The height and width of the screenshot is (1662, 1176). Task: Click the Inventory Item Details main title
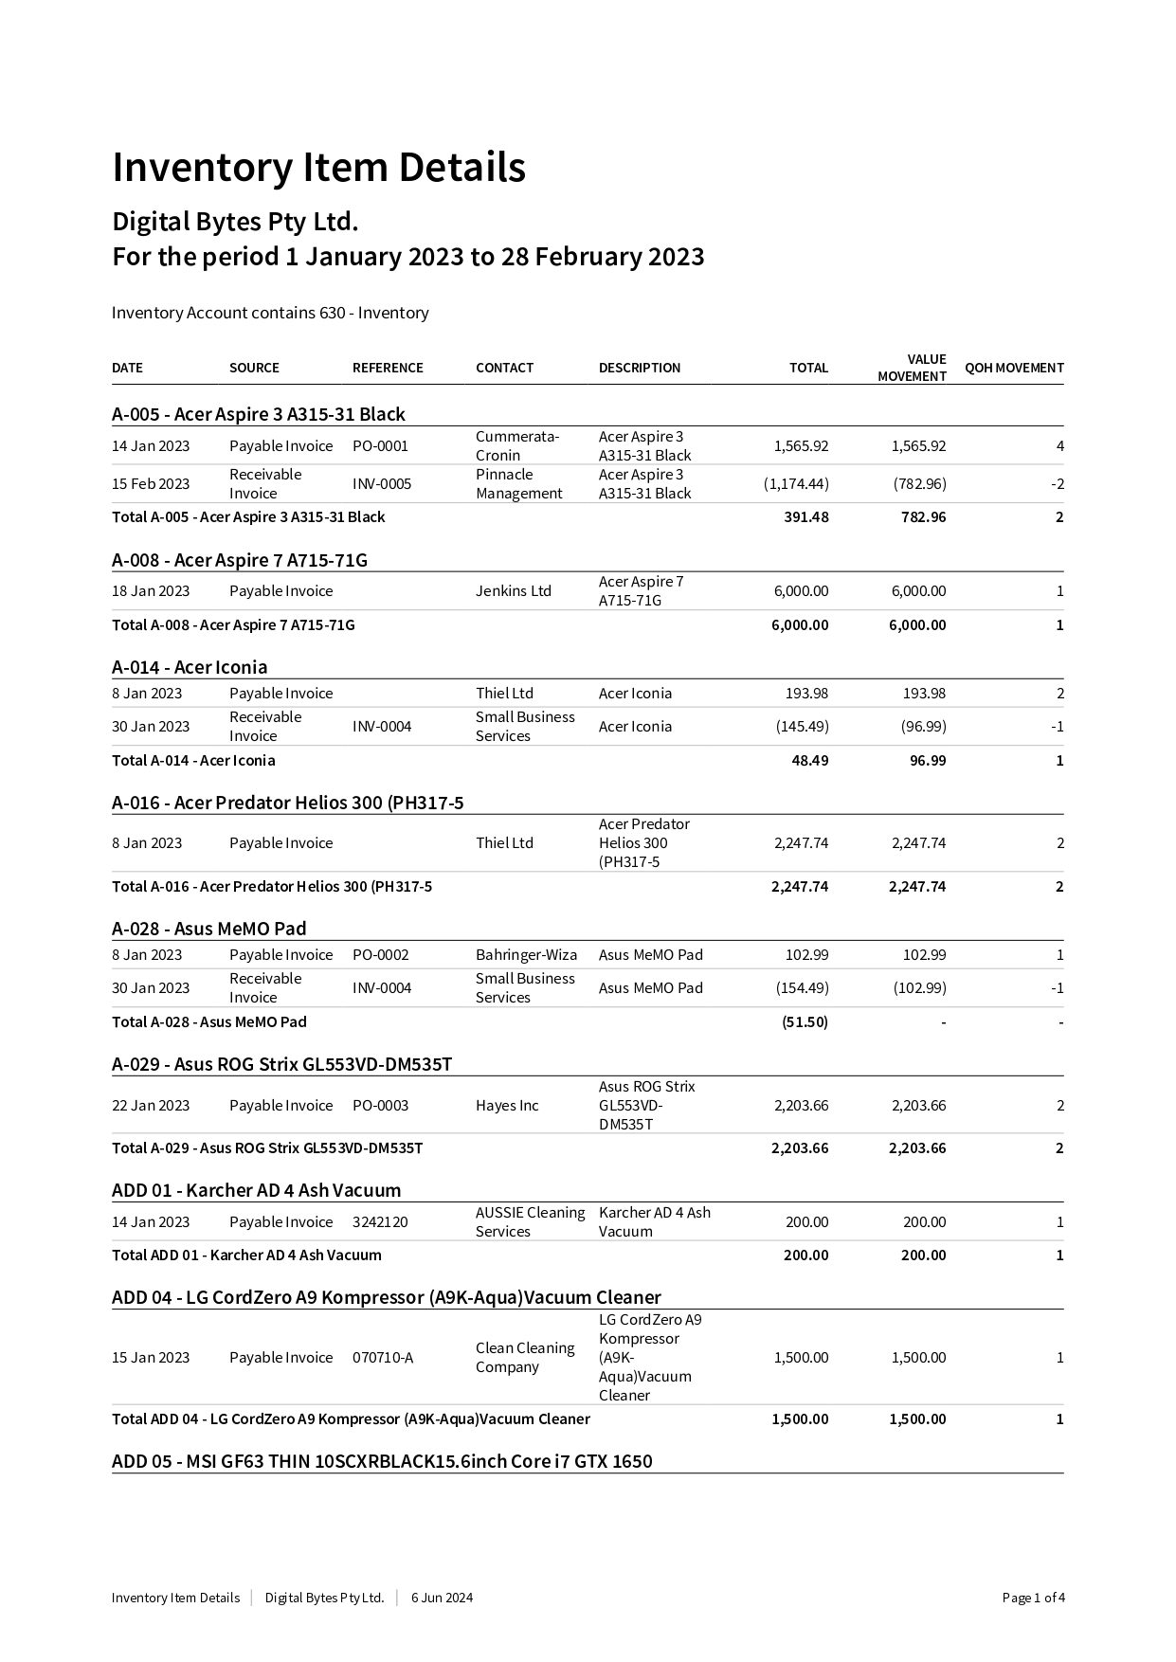point(318,168)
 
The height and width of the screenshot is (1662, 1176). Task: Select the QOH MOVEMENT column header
point(1014,368)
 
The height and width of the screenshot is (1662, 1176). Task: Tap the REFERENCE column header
point(388,368)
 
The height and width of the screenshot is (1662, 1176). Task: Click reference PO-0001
point(380,446)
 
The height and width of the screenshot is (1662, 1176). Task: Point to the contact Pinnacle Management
point(518,484)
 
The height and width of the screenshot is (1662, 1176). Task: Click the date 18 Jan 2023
point(151,591)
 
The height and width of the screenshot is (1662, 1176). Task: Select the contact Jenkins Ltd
point(513,591)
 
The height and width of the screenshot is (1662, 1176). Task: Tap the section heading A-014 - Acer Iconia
point(190,667)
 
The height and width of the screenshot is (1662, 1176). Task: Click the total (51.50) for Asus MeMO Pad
point(805,1022)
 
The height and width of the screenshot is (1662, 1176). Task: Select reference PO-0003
point(380,1106)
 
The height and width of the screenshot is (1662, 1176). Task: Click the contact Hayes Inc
point(507,1106)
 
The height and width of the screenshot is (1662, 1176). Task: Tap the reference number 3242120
point(380,1222)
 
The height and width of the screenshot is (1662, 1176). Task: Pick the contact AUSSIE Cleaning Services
point(530,1222)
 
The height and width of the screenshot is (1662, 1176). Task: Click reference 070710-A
point(383,1358)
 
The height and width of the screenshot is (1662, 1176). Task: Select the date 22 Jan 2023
point(151,1106)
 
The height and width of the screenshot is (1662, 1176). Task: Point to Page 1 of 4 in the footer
point(1033,1599)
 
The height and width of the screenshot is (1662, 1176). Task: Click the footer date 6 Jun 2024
point(442,1599)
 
